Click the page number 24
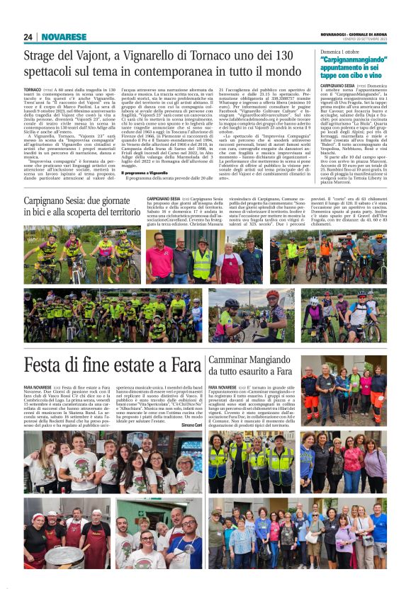(x=28, y=37)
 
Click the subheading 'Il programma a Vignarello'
(x=145, y=171)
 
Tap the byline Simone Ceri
(x=191, y=425)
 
